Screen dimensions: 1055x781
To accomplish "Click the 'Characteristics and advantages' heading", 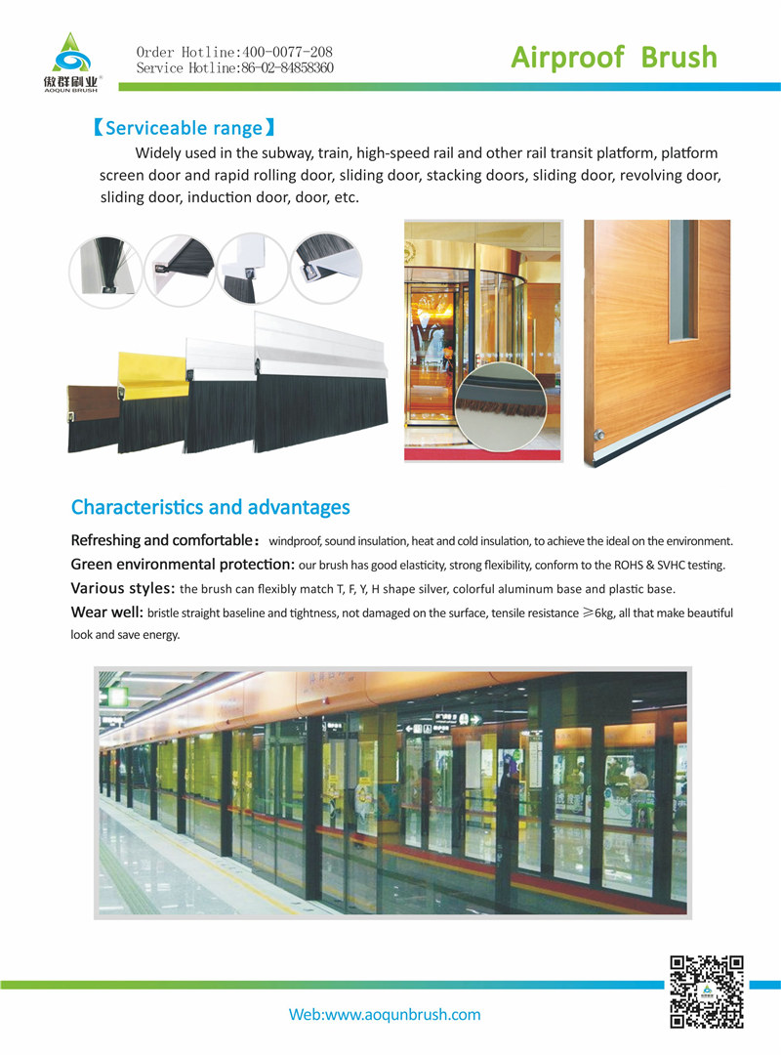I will pos(210,507).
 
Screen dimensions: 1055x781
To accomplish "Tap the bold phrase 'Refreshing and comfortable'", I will pos(161,540).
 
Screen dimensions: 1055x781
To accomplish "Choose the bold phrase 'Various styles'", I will pos(123,588).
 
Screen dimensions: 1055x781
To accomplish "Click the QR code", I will pos(707,992).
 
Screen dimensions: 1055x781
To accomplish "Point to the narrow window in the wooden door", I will pos(682,279).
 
